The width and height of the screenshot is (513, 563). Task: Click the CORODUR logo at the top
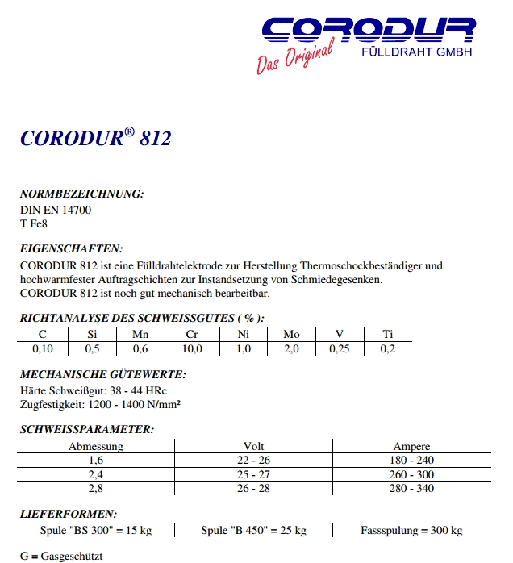pos(368,31)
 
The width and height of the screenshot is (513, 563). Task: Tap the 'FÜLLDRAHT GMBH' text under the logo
pos(415,52)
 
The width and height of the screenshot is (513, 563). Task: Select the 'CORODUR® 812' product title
pos(95,138)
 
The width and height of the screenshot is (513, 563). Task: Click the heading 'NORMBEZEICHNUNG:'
pos(81,194)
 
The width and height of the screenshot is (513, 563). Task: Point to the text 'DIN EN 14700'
pos(56,210)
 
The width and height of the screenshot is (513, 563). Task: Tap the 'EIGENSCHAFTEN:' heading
pos(71,249)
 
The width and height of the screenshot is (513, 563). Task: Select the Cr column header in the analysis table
pos(191,335)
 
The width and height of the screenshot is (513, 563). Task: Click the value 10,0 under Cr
pos(191,348)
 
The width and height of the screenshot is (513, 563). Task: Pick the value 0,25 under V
pos(340,348)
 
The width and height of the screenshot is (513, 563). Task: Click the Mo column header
pos(291,335)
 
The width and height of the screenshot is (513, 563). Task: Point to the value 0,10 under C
pos(42,348)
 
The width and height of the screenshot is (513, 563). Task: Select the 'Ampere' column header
pos(411,446)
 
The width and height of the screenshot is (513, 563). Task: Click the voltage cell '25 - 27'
pos(253,474)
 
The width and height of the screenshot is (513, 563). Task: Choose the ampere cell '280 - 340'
pos(411,488)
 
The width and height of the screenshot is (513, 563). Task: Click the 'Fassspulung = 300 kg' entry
pos(411,530)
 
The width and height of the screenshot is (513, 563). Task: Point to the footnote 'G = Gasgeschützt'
pos(61,557)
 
